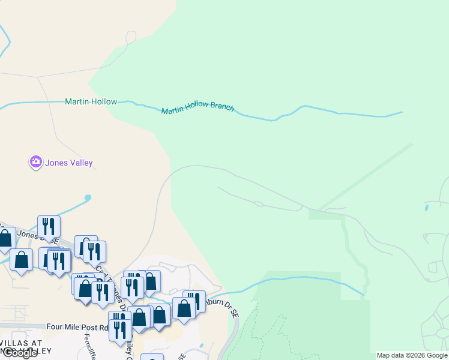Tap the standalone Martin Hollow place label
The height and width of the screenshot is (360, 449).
click(x=91, y=102)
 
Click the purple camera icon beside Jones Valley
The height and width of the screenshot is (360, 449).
click(x=35, y=162)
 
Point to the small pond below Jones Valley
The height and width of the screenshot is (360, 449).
click(x=88, y=197)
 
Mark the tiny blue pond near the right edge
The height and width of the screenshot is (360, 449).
click(x=426, y=208)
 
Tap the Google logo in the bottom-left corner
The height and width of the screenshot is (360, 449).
click(x=19, y=353)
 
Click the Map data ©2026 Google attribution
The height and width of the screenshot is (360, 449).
click(x=412, y=355)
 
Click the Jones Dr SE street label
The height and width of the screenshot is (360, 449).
click(x=36, y=235)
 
